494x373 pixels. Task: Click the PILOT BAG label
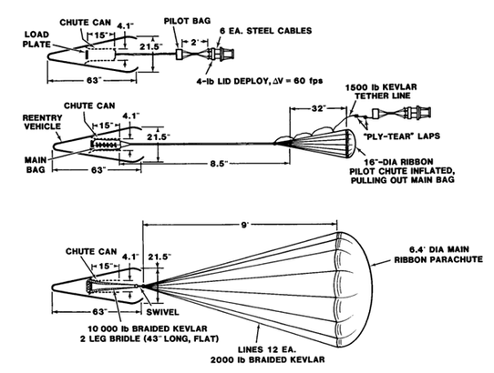[187, 21]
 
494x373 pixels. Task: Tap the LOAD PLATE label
[36, 39]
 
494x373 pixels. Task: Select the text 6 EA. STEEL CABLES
[266, 31]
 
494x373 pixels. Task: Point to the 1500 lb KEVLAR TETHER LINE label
[381, 91]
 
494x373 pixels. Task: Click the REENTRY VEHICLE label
[42, 122]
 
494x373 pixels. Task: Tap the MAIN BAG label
[36, 165]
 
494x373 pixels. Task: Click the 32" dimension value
[318, 108]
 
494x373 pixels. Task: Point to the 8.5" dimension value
[219, 164]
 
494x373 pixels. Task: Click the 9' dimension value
[245, 226]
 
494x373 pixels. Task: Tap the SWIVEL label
[162, 312]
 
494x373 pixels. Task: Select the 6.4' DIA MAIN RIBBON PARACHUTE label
[438, 255]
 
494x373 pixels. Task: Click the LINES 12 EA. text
[267, 349]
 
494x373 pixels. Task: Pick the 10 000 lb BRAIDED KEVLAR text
[148, 328]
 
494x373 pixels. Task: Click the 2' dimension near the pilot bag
[195, 42]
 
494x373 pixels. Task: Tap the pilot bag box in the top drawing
[179, 54]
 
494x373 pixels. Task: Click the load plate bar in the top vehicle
[87, 54]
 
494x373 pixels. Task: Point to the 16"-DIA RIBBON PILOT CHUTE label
[402, 171]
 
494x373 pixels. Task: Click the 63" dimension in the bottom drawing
[98, 312]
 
